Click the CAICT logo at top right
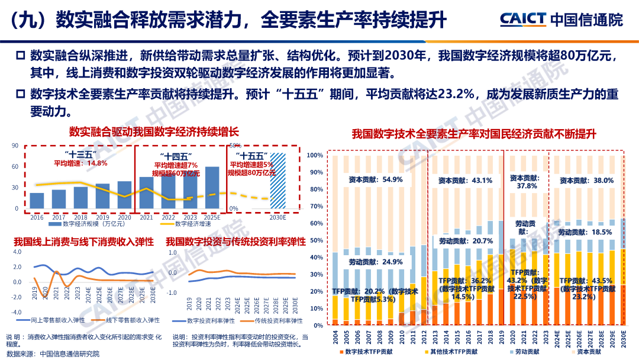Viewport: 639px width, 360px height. pyautogui.click(x=561, y=20)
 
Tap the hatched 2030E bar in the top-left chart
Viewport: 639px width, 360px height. pyautogui.click(x=277, y=181)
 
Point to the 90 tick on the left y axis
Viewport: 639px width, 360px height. pyautogui.click(x=14, y=145)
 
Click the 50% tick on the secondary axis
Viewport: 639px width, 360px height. pyautogui.click(x=234, y=145)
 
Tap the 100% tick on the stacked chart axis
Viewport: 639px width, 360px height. pyautogui.click(x=315, y=155)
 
